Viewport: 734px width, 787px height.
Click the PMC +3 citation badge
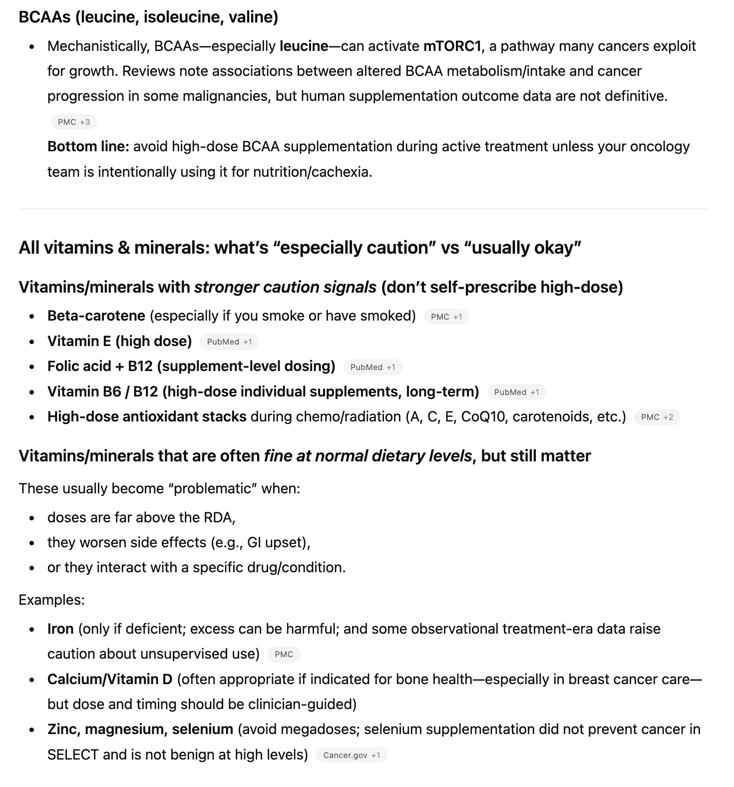pyautogui.click(x=74, y=122)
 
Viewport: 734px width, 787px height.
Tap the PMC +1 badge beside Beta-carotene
pyautogui.click(x=446, y=317)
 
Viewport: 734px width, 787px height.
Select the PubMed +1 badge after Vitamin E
pyautogui.click(x=229, y=342)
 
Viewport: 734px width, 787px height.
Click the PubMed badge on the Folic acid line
pyautogui.click(x=372, y=367)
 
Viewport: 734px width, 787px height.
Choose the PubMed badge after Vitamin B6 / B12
pyautogui.click(x=516, y=392)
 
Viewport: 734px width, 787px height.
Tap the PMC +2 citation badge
pyautogui.click(x=657, y=417)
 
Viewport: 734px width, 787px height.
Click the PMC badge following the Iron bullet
pyautogui.click(x=284, y=654)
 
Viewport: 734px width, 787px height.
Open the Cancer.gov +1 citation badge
pyautogui.click(x=351, y=755)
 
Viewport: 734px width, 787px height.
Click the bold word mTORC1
pyautogui.click(x=452, y=46)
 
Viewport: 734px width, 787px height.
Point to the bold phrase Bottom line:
pyautogui.click(x=88, y=146)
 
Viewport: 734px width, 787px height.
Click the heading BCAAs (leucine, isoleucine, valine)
pyautogui.click(x=148, y=17)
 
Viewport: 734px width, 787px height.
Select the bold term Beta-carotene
pyautogui.click(x=96, y=316)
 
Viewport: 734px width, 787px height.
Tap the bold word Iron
pyautogui.click(x=60, y=629)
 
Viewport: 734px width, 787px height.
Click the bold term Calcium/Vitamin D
pyautogui.click(x=110, y=679)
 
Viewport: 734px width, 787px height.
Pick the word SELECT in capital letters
pyautogui.click(x=73, y=754)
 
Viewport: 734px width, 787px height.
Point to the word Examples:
pyautogui.click(x=51, y=600)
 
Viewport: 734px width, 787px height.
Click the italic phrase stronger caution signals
pyautogui.click(x=285, y=287)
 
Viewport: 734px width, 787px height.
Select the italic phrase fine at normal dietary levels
pyautogui.click(x=367, y=456)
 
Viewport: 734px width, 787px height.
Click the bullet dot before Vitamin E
pyautogui.click(x=32, y=342)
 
